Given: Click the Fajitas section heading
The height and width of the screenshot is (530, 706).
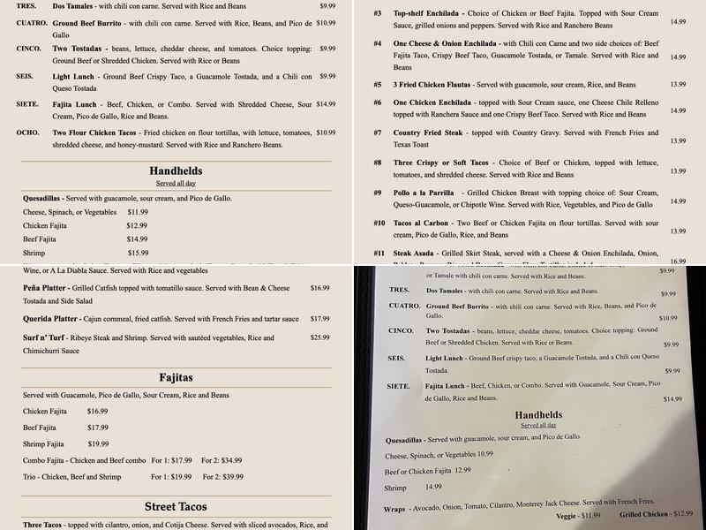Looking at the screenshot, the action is [176, 377].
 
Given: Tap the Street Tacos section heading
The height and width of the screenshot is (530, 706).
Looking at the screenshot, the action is [176, 506].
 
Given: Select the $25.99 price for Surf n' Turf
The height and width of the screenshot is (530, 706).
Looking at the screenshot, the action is [319, 337].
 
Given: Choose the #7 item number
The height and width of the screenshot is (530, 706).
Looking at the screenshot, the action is [378, 132].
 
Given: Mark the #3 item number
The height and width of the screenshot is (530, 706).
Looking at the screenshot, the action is [378, 13].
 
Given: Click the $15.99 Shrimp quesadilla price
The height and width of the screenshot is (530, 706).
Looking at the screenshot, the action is [138, 253].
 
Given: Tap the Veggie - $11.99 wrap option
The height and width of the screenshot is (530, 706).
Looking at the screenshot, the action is [579, 516].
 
